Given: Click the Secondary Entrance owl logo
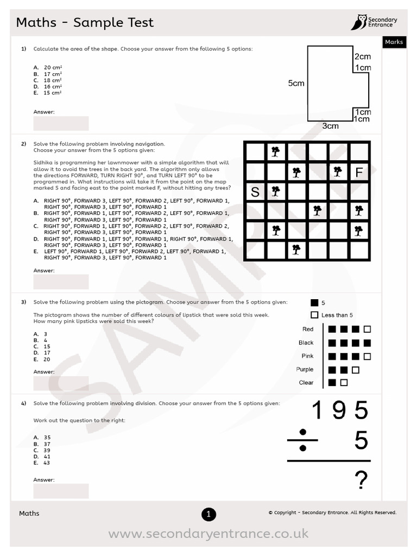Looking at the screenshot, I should point(358,22).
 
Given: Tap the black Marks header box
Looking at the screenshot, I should point(394,42).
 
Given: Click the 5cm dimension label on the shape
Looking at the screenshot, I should point(296,83).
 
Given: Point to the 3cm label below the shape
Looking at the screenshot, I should point(330,126).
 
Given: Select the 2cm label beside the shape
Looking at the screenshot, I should point(362,56).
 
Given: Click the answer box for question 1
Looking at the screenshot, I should point(61,123).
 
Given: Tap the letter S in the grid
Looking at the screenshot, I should point(255,192).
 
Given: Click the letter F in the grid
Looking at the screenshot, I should point(358,173).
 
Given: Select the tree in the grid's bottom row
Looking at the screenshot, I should point(296,249).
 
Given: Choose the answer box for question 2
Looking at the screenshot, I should point(61,281).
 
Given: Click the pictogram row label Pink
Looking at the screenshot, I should point(307,356).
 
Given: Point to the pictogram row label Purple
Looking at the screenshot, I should point(305,369).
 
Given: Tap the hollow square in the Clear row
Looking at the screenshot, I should point(344,383).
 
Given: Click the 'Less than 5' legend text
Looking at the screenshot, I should point(337,315).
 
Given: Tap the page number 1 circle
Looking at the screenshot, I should point(208,514).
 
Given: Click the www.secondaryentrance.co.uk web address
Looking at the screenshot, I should point(208,534).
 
